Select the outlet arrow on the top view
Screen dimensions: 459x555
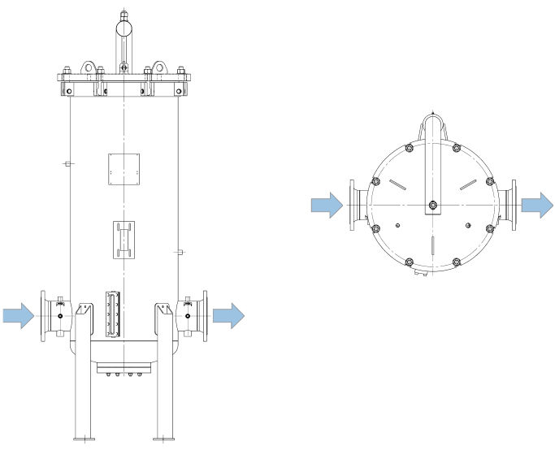coord(537,206)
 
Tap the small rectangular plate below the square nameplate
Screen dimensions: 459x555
coord(124,240)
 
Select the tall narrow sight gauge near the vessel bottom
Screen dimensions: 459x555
coord(112,313)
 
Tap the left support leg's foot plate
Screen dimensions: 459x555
coord(85,439)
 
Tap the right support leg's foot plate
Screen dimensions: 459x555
coord(166,439)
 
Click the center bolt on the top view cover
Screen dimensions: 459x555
coord(432,206)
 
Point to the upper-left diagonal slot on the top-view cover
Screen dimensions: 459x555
coord(397,185)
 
